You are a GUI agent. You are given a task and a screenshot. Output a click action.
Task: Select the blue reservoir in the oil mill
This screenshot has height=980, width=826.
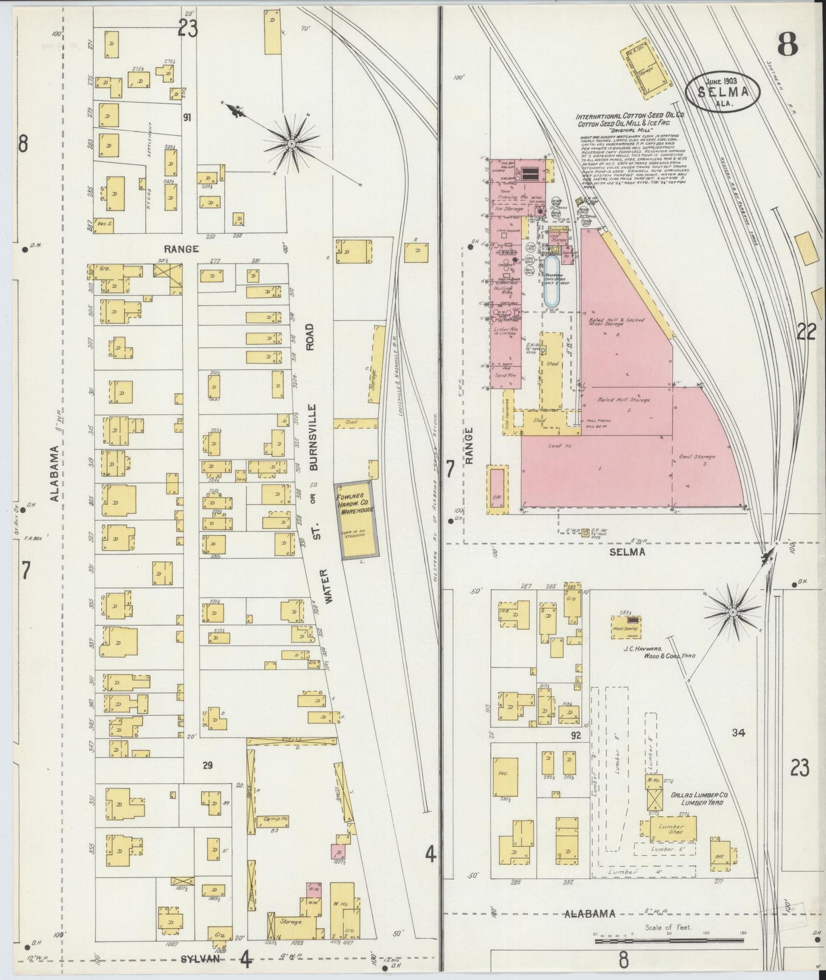click(x=552, y=280)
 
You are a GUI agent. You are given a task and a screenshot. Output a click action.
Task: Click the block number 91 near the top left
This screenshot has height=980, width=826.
click(x=186, y=118)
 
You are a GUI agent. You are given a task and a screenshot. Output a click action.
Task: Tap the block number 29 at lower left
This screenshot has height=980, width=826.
click(x=208, y=764)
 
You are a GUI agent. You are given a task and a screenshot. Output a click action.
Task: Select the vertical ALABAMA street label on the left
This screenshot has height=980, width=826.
click(x=54, y=473)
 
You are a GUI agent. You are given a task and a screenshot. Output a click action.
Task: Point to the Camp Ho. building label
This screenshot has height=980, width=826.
click(x=276, y=819)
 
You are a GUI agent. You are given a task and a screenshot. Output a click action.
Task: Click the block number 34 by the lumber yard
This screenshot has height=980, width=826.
click(x=739, y=732)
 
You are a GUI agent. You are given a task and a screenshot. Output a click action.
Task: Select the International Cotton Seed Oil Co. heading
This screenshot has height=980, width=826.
click(x=631, y=115)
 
